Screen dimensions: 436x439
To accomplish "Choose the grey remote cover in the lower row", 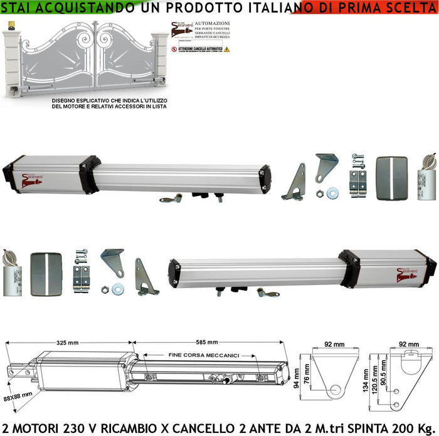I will pos(46,273).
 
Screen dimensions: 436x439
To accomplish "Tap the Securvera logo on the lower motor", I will pos(407,272).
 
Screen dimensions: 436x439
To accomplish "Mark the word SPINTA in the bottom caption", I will pos(374,427).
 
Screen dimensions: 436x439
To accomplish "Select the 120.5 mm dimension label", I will pos(374,383).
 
